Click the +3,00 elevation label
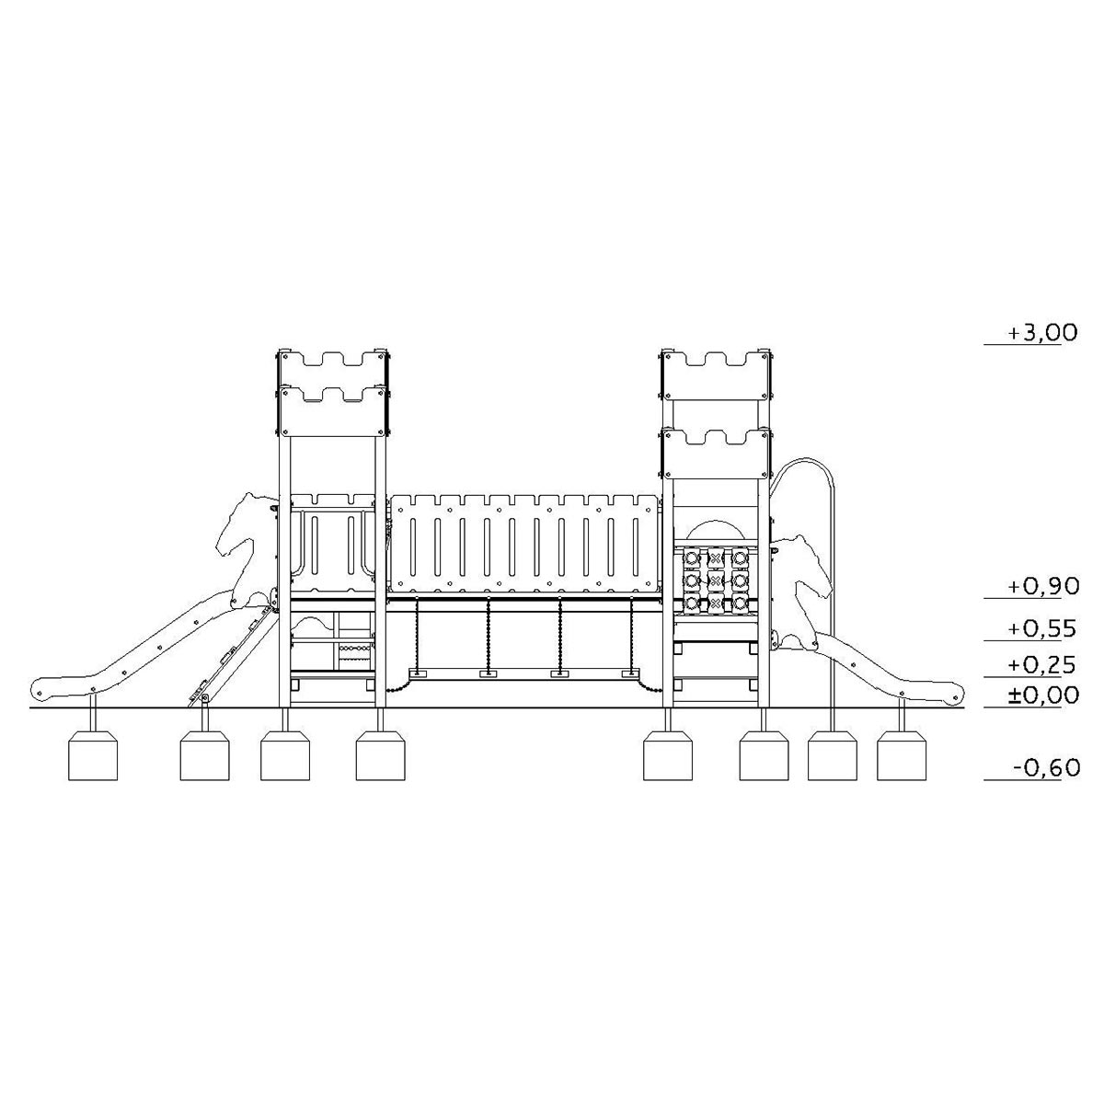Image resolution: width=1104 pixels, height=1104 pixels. click(x=1042, y=332)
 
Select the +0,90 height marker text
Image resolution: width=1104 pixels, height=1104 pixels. click(x=1043, y=586)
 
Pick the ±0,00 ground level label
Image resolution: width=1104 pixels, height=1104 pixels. click(x=1043, y=695)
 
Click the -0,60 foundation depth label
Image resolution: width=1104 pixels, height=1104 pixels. click(x=1046, y=766)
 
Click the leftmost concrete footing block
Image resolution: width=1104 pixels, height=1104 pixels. click(x=93, y=754)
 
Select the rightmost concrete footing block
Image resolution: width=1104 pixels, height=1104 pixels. click(x=902, y=754)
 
